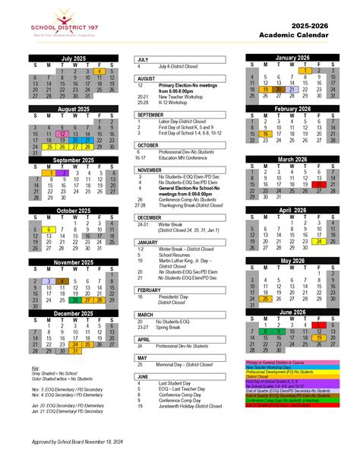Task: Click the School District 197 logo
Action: click(65, 27)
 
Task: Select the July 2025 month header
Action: click(74, 59)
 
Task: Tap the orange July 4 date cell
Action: click(99, 71)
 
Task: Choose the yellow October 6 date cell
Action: click(49, 229)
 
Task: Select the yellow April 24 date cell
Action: click(317, 242)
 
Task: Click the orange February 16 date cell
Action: click(267, 133)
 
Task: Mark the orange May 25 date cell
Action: click(267, 299)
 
